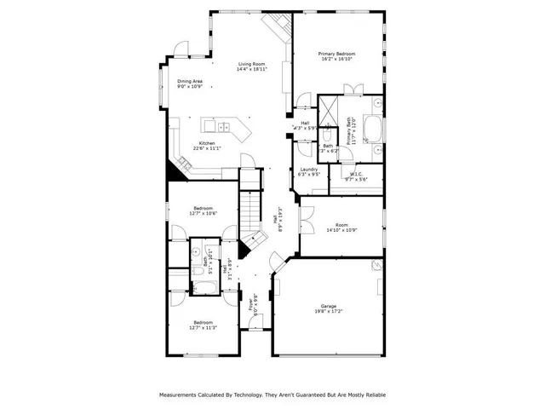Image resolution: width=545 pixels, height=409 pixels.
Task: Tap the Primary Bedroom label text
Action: (x=336, y=54)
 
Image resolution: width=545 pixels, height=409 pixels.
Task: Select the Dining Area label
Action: (x=190, y=82)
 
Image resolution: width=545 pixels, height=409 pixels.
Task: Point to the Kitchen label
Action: (x=207, y=143)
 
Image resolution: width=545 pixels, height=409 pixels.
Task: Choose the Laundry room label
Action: (x=309, y=169)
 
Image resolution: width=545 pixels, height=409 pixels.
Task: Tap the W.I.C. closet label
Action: (x=356, y=175)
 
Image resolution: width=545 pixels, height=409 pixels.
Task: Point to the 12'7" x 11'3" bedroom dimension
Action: (x=203, y=327)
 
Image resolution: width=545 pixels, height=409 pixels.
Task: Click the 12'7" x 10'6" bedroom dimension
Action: (x=203, y=214)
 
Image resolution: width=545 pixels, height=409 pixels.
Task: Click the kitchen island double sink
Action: (x=226, y=129)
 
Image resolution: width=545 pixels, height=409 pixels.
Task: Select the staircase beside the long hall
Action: (x=248, y=209)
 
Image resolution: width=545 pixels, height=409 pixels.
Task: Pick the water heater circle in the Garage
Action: (x=376, y=266)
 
